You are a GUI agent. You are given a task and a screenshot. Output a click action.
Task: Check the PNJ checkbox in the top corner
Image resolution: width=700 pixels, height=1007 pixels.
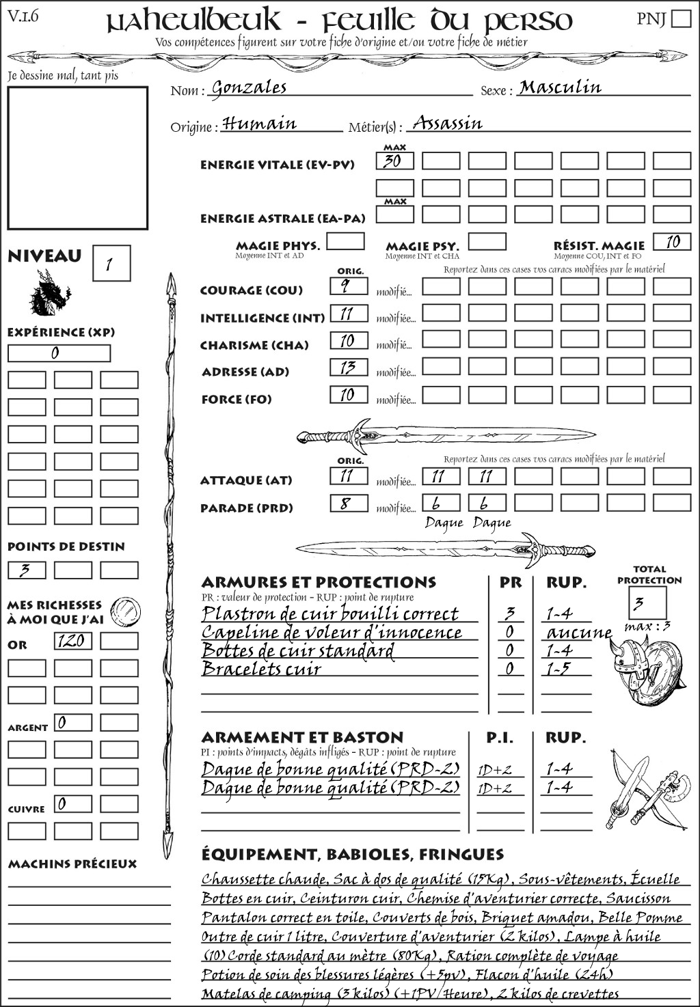pyautogui.click(x=682, y=18)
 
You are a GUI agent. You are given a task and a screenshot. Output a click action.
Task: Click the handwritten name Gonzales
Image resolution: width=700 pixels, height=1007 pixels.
pyautogui.click(x=249, y=88)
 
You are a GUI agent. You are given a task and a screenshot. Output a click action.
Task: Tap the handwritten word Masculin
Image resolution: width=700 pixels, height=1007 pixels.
pyautogui.click(x=560, y=87)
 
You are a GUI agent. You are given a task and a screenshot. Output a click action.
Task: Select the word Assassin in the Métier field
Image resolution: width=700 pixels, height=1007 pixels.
pyautogui.click(x=448, y=124)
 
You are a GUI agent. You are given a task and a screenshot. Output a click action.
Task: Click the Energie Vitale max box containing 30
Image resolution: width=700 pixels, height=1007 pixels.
pyautogui.click(x=394, y=161)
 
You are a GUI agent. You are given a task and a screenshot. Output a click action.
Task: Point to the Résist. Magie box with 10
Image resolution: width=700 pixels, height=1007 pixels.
pyautogui.click(x=672, y=242)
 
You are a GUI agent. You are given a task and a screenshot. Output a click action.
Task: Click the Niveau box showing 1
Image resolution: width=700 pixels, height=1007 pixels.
pyautogui.click(x=111, y=264)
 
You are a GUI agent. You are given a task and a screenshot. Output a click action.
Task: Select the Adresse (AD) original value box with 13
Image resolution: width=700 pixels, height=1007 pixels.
pyautogui.click(x=349, y=368)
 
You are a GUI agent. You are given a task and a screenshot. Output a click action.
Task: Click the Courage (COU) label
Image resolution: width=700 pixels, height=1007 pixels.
pyautogui.click(x=251, y=290)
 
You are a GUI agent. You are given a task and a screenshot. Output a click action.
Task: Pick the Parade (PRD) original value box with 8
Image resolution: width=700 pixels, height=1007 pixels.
pyautogui.click(x=349, y=504)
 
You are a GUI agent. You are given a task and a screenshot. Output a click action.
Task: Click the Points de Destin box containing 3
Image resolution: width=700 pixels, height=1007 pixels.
pyautogui.click(x=27, y=570)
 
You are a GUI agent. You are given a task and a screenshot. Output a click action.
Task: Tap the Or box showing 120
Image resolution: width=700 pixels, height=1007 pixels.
pyautogui.click(x=72, y=641)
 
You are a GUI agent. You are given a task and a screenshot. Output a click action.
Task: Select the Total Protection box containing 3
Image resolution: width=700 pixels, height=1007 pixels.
pyautogui.click(x=647, y=603)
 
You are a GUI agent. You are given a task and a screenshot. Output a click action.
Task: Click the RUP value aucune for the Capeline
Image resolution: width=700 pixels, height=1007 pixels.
pyautogui.click(x=578, y=633)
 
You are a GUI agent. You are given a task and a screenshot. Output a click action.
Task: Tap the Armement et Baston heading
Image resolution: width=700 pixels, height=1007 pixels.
pyautogui.click(x=302, y=737)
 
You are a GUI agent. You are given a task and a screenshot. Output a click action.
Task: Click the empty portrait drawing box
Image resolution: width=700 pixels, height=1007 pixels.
pyautogui.click(x=77, y=158)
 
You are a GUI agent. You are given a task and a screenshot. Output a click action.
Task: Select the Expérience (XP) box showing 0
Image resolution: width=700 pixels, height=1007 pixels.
pyautogui.click(x=59, y=353)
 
